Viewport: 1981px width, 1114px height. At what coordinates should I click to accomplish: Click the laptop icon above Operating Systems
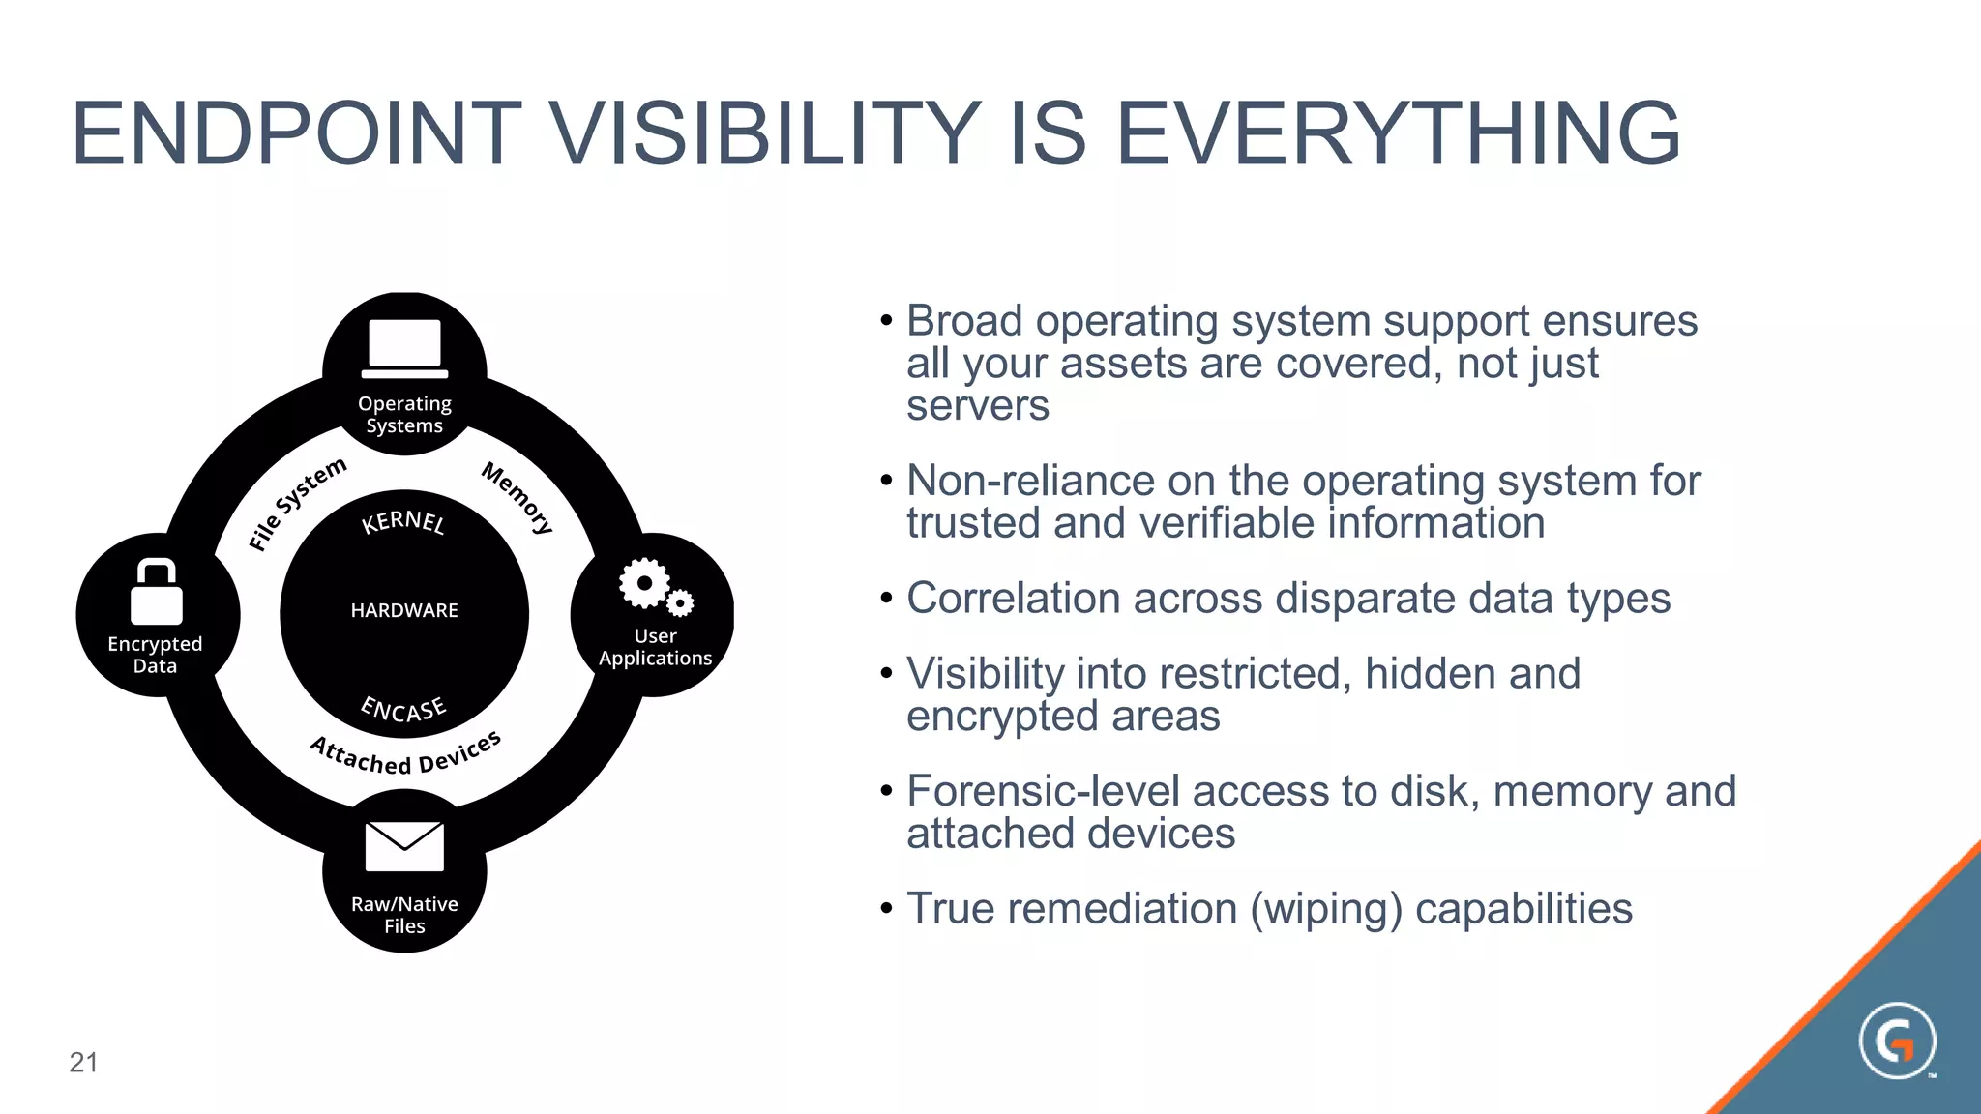coord(404,348)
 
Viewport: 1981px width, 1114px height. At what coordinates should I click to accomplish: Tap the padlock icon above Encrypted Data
coord(157,592)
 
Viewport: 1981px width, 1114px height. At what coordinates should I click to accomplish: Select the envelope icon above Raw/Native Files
coord(404,846)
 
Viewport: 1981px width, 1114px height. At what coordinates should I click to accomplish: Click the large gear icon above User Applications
coord(644,583)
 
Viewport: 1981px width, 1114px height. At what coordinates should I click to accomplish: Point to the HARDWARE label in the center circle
coord(404,610)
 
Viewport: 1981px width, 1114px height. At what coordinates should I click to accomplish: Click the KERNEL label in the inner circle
coord(403,522)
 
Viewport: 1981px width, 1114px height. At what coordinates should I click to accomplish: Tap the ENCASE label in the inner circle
coord(403,709)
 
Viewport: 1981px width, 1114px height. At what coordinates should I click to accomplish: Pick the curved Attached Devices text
coord(405,755)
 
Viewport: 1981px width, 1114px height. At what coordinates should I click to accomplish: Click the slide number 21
coord(83,1063)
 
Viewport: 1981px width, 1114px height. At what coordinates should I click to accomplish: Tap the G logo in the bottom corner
coord(1897,1041)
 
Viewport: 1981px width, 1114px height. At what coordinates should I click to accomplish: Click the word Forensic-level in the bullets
coord(1043,791)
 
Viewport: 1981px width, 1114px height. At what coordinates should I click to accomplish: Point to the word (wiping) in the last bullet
coord(1326,909)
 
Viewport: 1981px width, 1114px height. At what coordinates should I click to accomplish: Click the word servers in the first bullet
coord(977,405)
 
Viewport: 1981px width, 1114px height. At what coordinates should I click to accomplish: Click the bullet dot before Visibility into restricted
coord(886,673)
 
